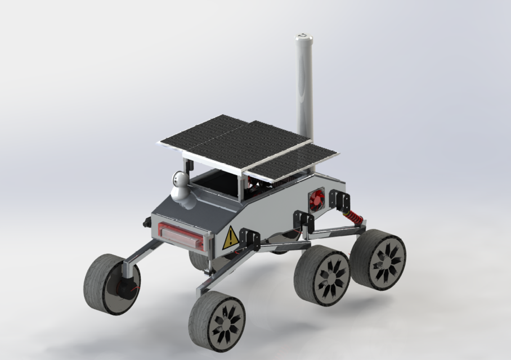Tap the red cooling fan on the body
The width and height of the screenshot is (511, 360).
point(318,198)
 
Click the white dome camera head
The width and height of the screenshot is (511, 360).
point(180,179)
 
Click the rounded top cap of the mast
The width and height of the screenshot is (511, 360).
point(303,38)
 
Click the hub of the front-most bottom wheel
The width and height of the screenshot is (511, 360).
point(226,323)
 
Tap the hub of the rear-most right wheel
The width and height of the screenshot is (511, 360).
point(385,259)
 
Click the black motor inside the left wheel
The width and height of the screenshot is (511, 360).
point(124,288)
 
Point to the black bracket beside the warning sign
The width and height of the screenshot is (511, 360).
point(249,238)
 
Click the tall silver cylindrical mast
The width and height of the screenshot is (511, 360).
point(304,90)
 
